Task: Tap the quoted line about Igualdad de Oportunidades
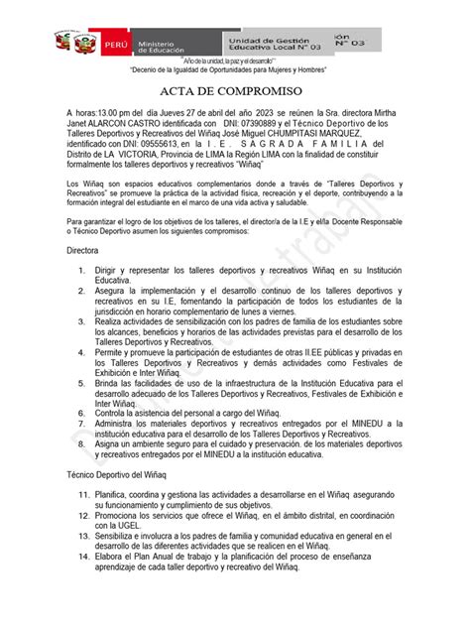pos(235,72)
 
